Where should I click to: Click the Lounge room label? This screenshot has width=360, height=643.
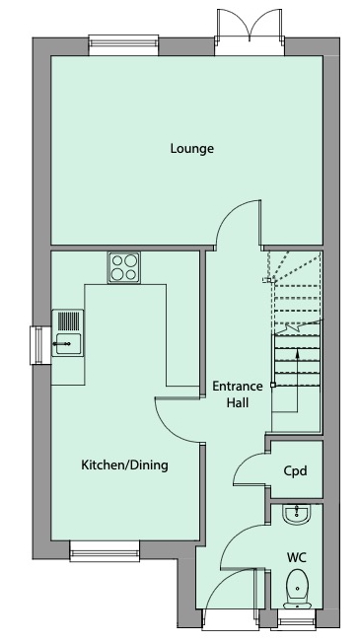click(192, 149)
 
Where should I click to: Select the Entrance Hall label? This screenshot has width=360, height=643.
click(237, 394)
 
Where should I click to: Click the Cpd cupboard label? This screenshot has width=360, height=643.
click(295, 470)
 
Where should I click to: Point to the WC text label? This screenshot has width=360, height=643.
click(296, 557)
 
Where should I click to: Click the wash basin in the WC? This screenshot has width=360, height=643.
click(296, 515)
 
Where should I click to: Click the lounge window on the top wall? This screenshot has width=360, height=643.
click(117, 42)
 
